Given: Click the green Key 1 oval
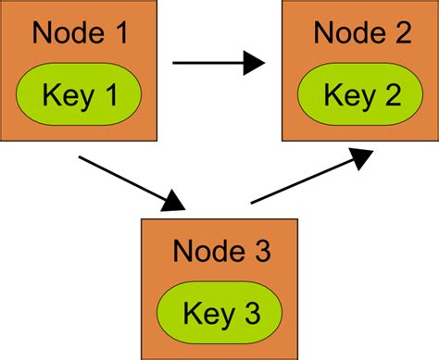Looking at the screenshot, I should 79,94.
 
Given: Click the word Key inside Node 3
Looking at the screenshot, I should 203,312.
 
